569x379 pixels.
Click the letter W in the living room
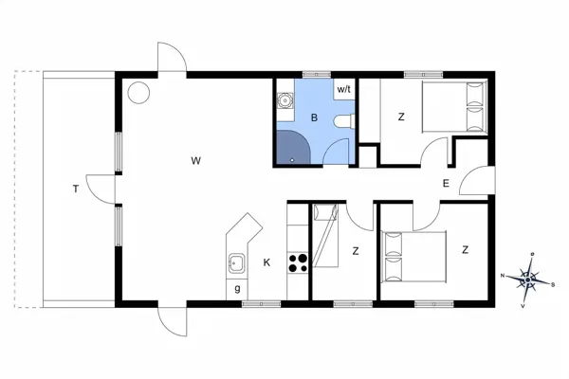[x=195, y=161]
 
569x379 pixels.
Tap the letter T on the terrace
[x=75, y=189]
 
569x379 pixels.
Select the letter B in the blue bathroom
[x=314, y=118]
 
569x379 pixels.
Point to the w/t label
[x=342, y=89]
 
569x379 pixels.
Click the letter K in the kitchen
[x=267, y=262]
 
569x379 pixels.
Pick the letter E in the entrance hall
[x=445, y=184]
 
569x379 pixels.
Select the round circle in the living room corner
[x=139, y=93]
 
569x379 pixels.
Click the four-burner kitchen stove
[x=298, y=262]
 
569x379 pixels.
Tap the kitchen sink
[x=236, y=262]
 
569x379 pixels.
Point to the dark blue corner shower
[x=293, y=147]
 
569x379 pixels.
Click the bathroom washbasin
[x=284, y=102]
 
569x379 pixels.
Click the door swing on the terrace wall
[x=96, y=187]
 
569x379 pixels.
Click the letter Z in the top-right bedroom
[x=401, y=117]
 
